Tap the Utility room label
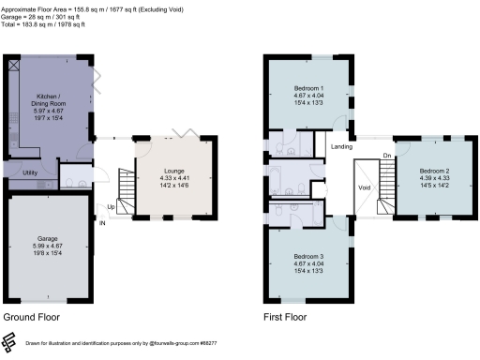[x=29, y=173]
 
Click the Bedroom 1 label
[x=308, y=87]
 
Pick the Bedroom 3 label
[x=308, y=256]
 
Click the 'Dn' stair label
[x=386, y=156]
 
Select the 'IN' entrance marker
[x=102, y=222]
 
